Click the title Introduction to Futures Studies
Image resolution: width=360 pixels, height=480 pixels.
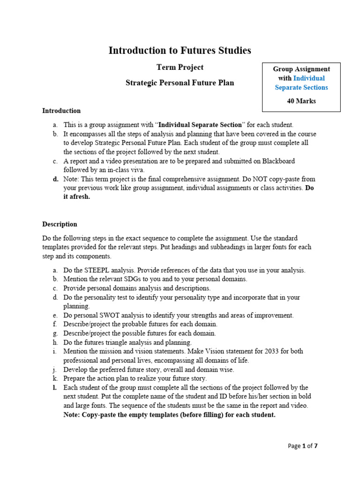(x=180, y=50)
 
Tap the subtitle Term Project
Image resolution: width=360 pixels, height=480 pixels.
(x=180, y=67)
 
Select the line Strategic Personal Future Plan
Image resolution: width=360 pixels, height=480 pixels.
(x=180, y=83)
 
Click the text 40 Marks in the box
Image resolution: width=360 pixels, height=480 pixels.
(x=301, y=101)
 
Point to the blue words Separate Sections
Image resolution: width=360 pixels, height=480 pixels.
(x=301, y=87)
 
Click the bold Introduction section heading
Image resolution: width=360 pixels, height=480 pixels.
(x=61, y=111)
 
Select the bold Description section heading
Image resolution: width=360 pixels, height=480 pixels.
(x=60, y=224)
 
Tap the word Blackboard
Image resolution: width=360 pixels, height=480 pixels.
(x=277, y=161)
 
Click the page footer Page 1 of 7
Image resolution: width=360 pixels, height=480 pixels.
(x=302, y=446)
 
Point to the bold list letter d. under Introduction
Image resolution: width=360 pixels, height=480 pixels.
(x=56, y=179)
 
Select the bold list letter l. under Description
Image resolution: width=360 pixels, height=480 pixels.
(x=55, y=387)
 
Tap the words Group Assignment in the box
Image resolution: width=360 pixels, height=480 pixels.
(x=301, y=69)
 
